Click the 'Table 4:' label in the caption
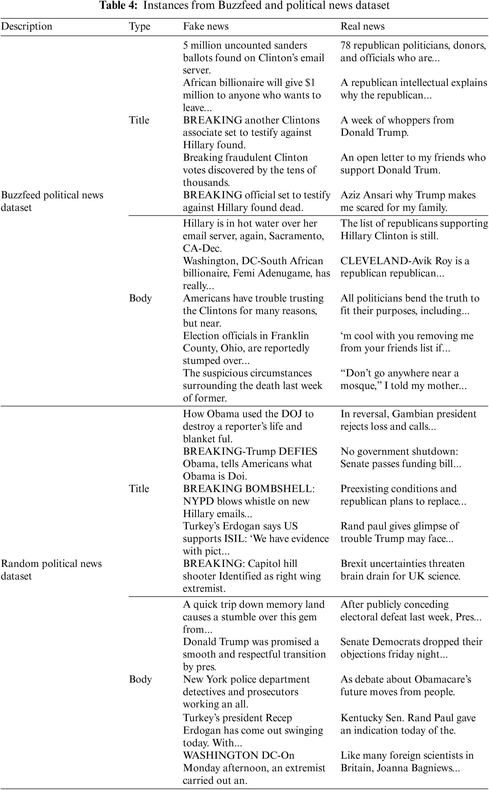pos(119,6)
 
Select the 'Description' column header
pos(27,26)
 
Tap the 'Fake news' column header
pos(206,26)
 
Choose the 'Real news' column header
pos(362,26)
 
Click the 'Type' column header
pos(140,26)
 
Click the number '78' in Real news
pos(346,45)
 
